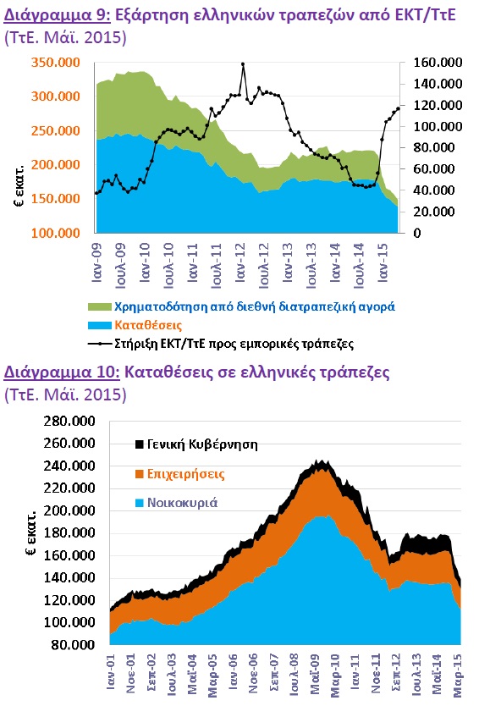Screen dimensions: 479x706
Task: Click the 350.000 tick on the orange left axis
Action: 56,62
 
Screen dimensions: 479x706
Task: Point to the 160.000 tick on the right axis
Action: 438,62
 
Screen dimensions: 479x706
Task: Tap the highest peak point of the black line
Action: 243,64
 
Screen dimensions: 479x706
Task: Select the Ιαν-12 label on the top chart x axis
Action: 240,263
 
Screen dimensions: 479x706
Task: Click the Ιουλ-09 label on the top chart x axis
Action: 121,266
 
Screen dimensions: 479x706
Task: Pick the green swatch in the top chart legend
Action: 99,307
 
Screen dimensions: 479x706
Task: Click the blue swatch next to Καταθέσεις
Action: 99,326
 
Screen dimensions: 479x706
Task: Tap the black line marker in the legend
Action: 99,344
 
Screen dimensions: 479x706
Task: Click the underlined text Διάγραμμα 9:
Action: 57,16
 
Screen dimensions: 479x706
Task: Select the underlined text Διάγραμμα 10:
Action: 62,373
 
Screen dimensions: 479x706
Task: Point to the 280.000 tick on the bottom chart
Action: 69,422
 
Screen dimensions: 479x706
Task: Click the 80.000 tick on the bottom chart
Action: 73,645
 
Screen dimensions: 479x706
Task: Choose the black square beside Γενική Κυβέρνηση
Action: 139,444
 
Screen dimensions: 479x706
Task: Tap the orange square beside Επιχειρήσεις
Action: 139,474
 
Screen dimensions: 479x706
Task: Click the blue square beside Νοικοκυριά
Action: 139,503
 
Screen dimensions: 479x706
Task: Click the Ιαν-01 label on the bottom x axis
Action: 111,672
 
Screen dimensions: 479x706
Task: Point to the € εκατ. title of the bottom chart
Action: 30,533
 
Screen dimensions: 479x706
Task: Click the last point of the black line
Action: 398,108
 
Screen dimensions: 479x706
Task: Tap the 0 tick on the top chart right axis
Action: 417,234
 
